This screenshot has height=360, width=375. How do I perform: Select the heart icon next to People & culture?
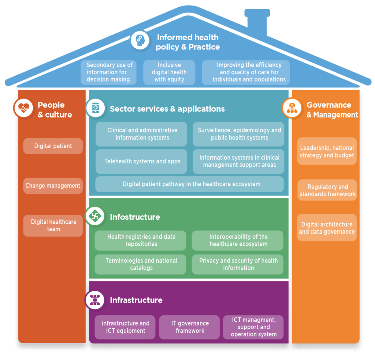[x=23, y=108]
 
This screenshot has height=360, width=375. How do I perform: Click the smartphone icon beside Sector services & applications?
[x=95, y=108]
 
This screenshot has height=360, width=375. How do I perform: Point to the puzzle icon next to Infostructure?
[x=95, y=216]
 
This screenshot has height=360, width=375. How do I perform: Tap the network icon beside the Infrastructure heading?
[x=95, y=300]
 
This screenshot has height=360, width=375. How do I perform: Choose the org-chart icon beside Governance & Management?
[x=292, y=108]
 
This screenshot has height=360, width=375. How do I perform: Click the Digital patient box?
[x=53, y=146]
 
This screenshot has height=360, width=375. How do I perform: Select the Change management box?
[x=53, y=186]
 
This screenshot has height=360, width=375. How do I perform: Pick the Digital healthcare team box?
[x=53, y=226]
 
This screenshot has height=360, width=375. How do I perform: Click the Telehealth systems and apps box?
[x=142, y=161]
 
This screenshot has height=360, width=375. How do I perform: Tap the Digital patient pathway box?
[x=189, y=184]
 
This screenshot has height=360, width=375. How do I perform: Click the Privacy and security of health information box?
[x=238, y=264]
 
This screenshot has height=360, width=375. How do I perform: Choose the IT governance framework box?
[x=189, y=327]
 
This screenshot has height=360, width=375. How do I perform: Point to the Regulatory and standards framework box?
[x=327, y=190]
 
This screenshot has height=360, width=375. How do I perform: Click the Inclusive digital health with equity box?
[x=169, y=72]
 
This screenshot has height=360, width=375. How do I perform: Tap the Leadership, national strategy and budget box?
[x=327, y=151]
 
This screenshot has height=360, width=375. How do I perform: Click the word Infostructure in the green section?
[x=135, y=217]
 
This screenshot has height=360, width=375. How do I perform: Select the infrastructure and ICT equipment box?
[x=125, y=327]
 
